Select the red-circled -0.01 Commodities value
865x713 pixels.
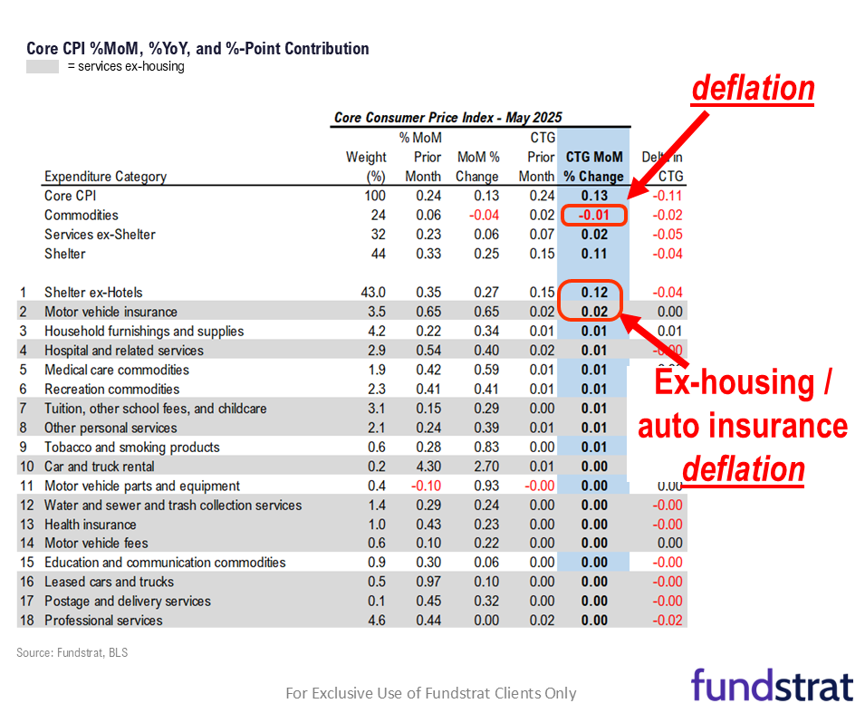pos(593,216)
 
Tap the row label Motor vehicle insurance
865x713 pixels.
pos(110,312)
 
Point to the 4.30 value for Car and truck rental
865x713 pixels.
pos(427,467)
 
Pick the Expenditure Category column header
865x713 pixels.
pos(104,177)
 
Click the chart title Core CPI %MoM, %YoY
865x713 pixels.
pos(197,49)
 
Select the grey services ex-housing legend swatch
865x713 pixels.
pos(43,66)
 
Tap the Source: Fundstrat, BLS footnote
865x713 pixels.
pos(72,652)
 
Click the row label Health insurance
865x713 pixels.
pos(91,525)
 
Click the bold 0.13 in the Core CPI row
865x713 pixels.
pos(594,196)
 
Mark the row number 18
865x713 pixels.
pos(26,621)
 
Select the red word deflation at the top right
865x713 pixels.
pos(753,89)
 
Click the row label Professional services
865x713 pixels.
pos(103,621)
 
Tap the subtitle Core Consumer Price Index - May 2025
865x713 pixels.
pos(447,118)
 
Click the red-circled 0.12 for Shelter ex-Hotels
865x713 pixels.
pos(593,293)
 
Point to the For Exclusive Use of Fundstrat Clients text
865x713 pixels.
pos(430,693)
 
